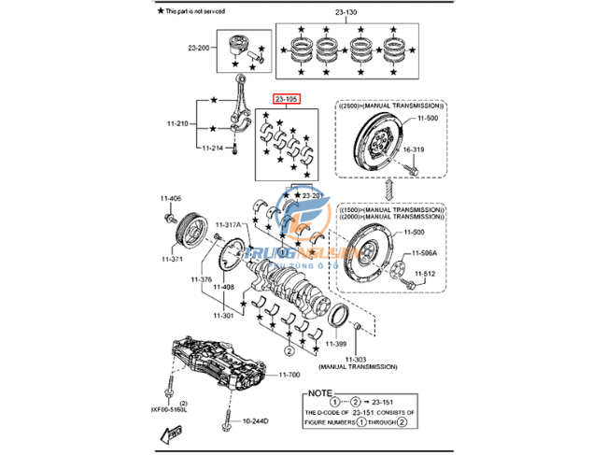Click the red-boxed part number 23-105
coord(285,99)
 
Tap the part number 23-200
coord(198,47)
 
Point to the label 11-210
coord(178,123)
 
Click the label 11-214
coord(212,148)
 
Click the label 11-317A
coord(228,225)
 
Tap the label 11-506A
coord(425,253)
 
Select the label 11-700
coord(289,376)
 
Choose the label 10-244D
coord(254,421)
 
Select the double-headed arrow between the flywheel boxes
coord(387,191)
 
